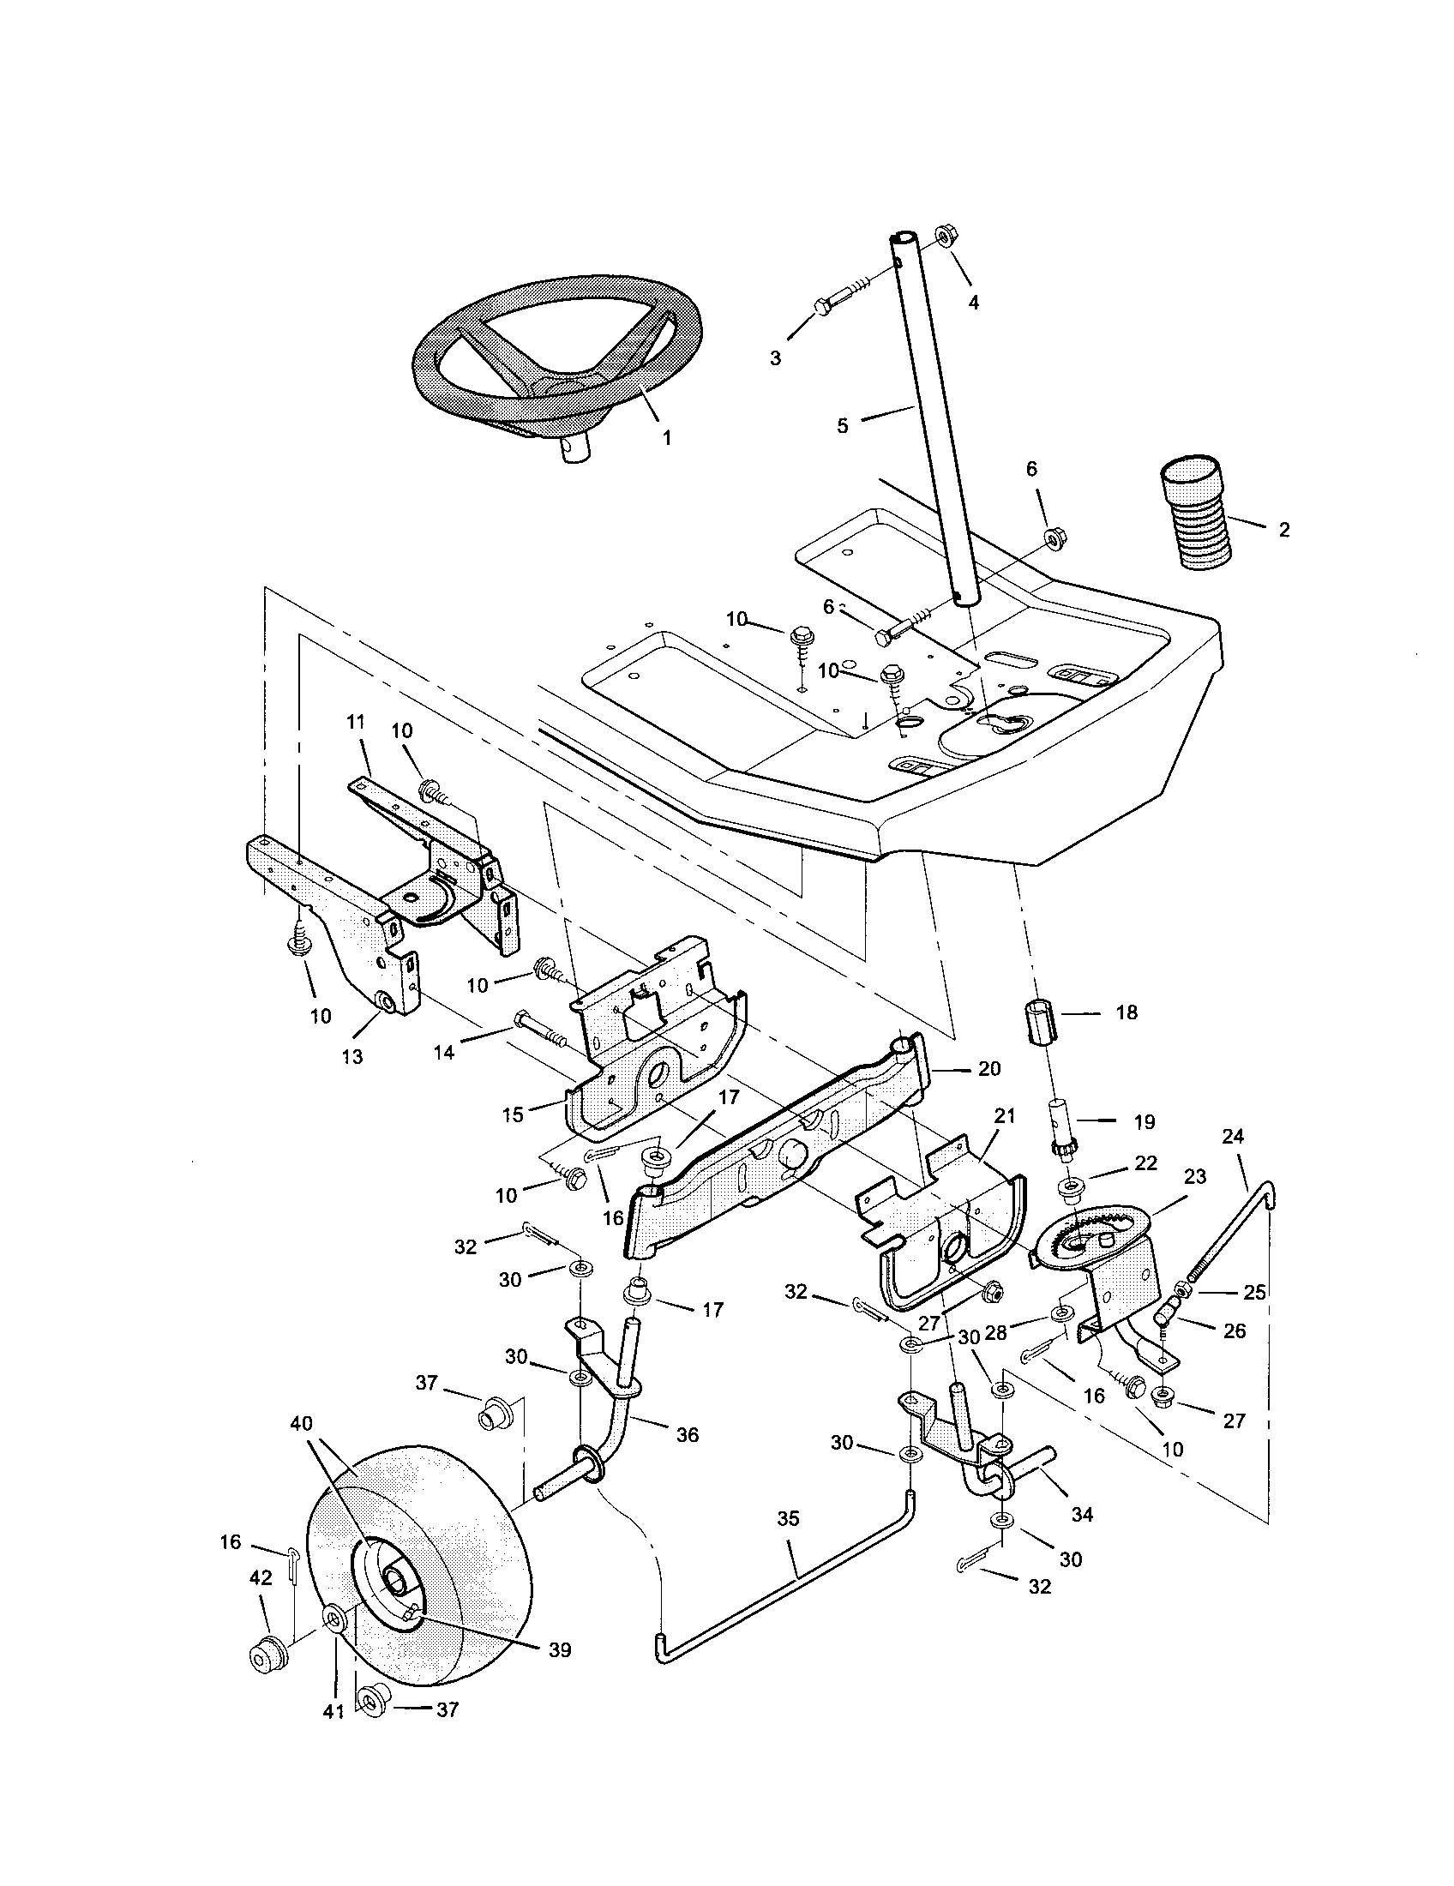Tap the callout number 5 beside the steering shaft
point(843,425)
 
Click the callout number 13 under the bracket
point(352,1056)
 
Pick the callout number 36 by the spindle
point(688,1434)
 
